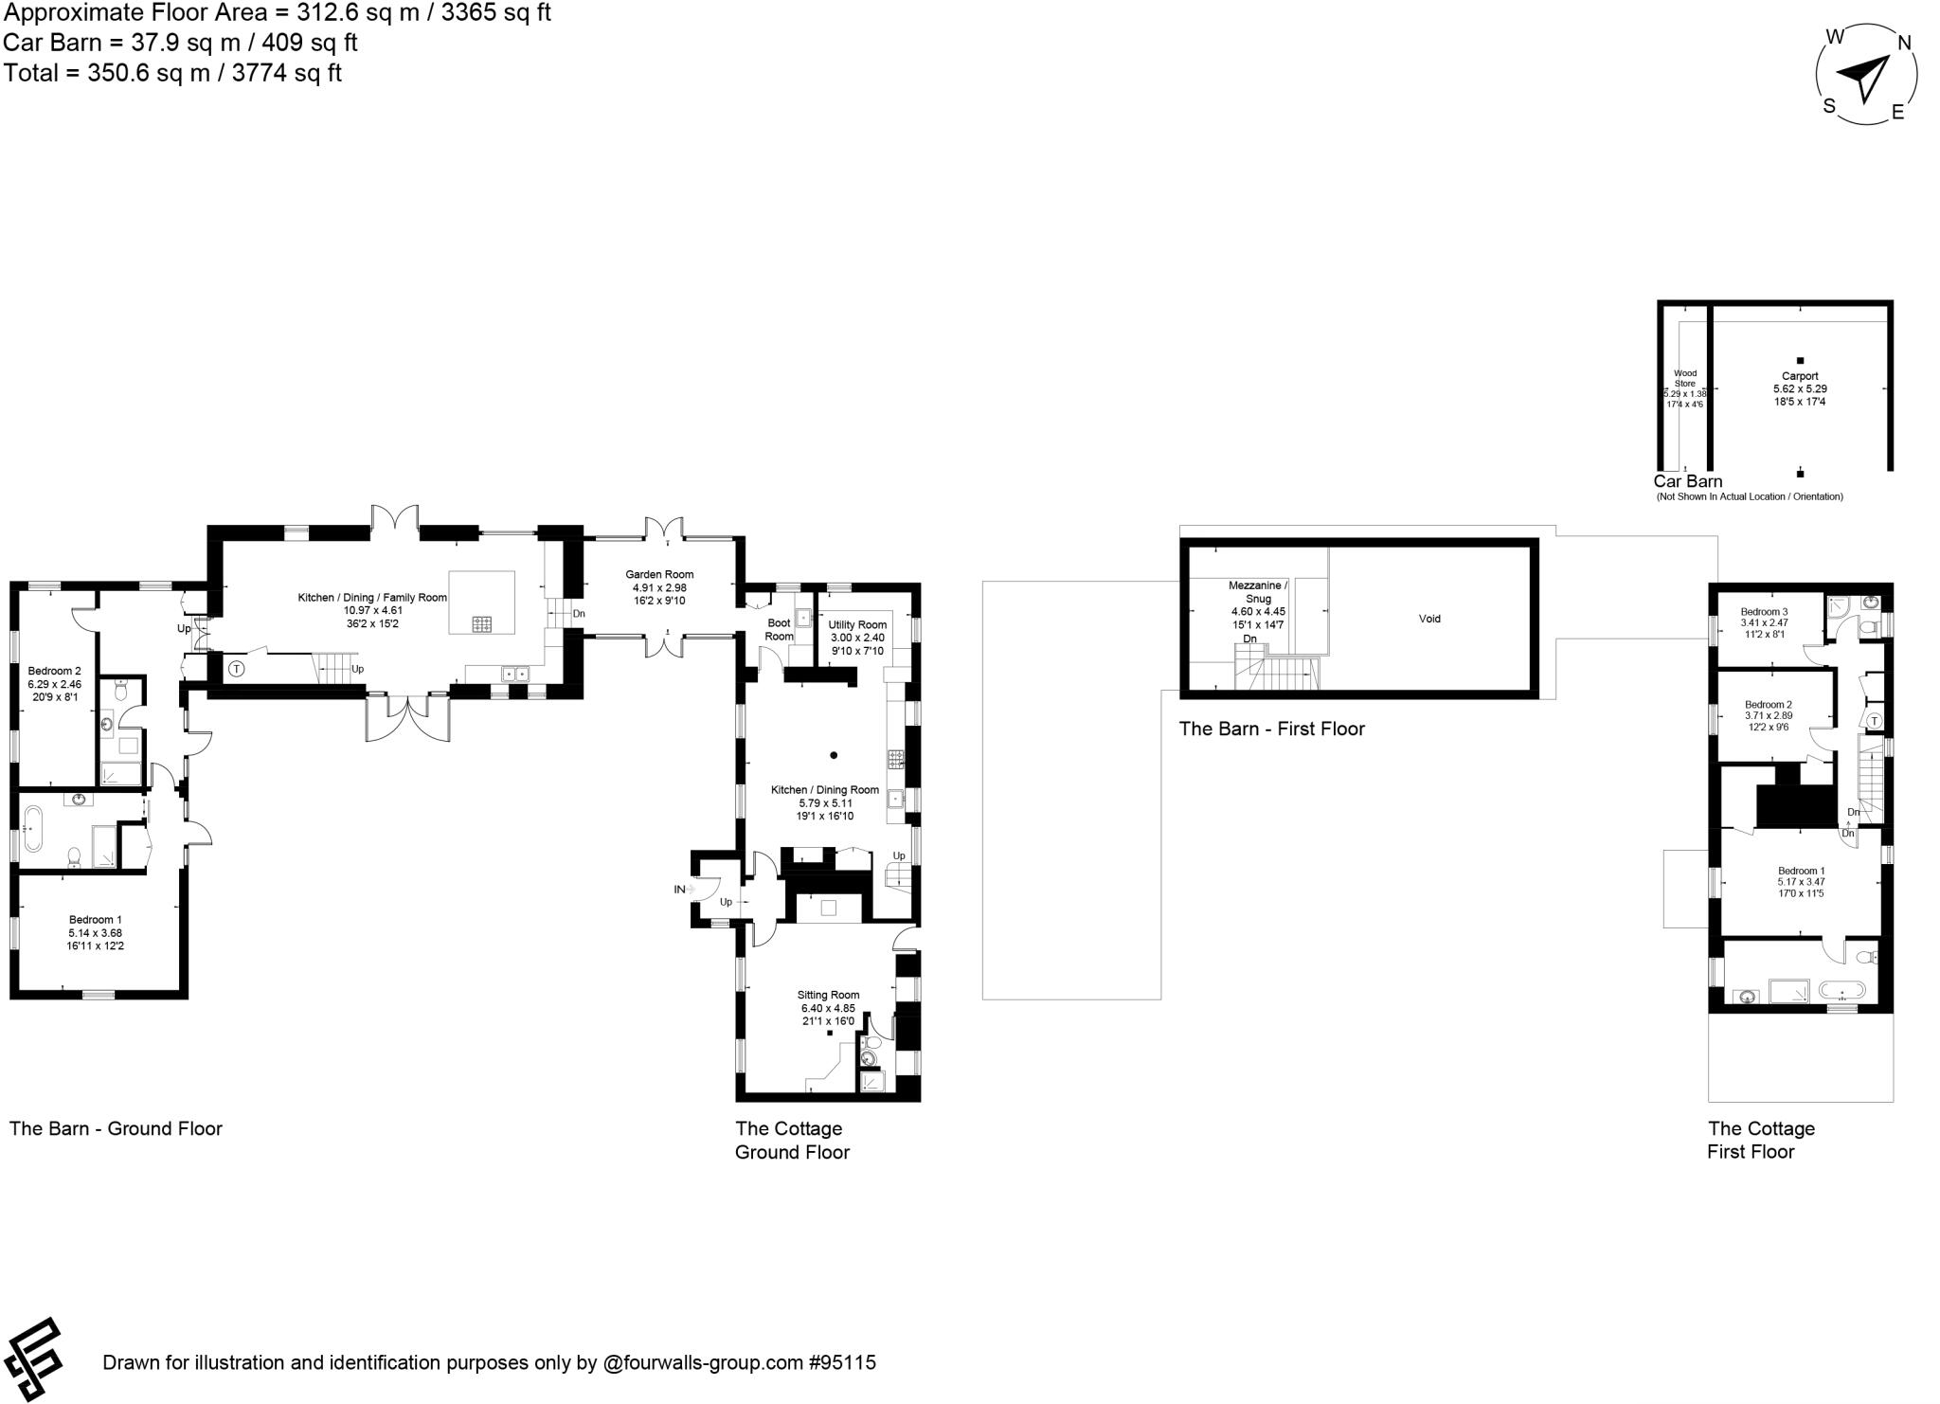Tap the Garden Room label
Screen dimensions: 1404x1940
click(659, 574)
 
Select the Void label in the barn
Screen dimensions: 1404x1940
click(1429, 619)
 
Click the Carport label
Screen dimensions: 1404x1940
click(1800, 376)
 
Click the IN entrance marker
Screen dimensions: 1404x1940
click(679, 890)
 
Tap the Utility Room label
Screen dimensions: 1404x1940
click(857, 624)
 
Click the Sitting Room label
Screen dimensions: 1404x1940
click(828, 995)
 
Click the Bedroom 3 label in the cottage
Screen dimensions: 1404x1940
click(1764, 612)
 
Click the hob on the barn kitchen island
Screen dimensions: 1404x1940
click(482, 623)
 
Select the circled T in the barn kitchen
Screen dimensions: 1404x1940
click(236, 668)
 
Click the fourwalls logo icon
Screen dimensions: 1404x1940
click(33, 1359)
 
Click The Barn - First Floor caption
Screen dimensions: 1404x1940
click(1271, 729)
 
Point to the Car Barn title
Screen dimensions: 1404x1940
click(1687, 481)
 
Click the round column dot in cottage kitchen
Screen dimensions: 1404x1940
click(834, 755)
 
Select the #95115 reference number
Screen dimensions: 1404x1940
click(842, 1362)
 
